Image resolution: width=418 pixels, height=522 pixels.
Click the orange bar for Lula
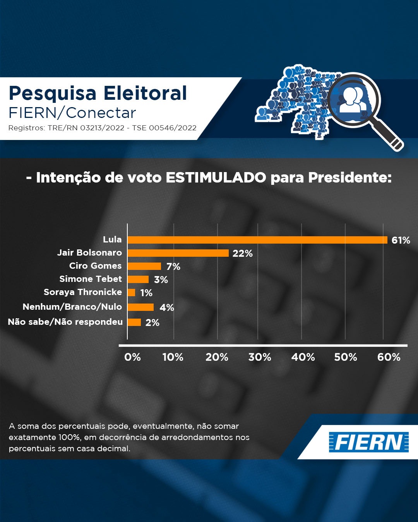257,240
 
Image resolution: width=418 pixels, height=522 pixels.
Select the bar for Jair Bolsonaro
178,253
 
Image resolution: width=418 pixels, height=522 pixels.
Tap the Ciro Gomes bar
144,266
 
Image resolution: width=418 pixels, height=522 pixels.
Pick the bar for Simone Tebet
138,279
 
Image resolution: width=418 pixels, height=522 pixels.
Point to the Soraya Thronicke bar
132,292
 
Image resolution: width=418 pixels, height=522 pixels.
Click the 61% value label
401,240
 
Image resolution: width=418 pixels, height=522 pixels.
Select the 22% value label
242,253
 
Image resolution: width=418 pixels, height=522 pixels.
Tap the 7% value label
173,266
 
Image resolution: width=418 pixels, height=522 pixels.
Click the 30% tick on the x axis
260,357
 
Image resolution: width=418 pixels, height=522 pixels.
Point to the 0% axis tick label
132,357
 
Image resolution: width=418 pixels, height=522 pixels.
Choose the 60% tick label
389,357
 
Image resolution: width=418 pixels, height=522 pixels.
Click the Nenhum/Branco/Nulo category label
72,307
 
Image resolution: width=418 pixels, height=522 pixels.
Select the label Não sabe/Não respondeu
65,322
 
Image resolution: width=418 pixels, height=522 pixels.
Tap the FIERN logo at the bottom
368,442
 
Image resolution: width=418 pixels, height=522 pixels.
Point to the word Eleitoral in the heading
145,93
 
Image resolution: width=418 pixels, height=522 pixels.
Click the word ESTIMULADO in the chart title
216,177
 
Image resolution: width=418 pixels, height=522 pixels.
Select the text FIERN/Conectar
72,113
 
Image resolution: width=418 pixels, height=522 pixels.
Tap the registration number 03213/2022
102,128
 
